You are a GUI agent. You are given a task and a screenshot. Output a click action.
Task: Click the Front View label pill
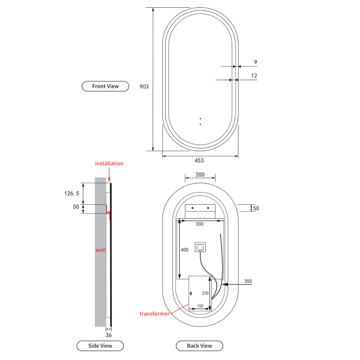(105, 86)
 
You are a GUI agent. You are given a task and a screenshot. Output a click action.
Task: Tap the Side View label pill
(100, 346)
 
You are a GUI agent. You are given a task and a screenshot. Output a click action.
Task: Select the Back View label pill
(200, 346)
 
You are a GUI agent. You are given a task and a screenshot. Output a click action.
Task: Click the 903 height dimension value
(144, 86)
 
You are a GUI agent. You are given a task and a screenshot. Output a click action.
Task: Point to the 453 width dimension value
(199, 160)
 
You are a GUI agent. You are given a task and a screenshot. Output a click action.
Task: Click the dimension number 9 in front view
(256, 62)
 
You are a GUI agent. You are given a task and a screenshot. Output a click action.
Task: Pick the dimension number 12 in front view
(254, 76)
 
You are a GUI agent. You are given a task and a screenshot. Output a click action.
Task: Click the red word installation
(109, 164)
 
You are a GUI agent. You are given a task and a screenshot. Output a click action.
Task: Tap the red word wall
(101, 250)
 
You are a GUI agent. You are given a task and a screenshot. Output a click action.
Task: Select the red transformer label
(154, 314)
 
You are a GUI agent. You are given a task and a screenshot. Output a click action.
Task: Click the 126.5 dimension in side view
(71, 193)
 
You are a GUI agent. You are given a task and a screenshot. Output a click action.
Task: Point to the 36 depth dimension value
(109, 335)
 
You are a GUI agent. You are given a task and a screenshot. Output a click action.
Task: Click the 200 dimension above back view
(200, 174)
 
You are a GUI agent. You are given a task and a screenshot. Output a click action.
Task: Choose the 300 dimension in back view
(200, 224)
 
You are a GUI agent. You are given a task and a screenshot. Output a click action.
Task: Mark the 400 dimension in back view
(184, 249)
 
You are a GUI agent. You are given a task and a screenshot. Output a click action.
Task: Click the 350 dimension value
(248, 281)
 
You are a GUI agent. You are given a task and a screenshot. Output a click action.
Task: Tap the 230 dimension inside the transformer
(205, 293)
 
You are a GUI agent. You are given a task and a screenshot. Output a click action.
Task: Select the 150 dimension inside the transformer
(200, 306)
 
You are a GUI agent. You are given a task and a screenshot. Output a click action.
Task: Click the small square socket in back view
(200, 247)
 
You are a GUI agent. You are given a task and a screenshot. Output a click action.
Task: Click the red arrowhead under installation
(109, 179)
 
